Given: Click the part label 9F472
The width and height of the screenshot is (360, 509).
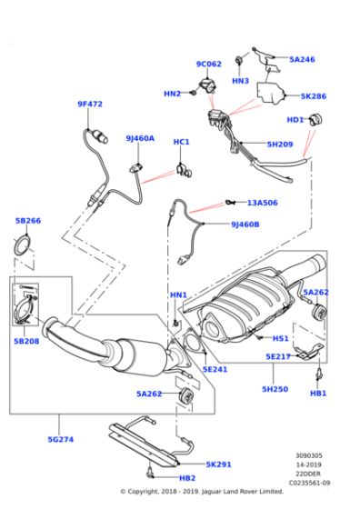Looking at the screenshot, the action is click(x=90, y=105).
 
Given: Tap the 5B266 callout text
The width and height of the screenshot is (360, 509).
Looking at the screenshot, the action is click(x=28, y=221).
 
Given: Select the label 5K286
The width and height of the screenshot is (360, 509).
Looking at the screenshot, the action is click(x=314, y=96).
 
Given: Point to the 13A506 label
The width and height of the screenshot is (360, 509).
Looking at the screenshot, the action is click(x=263, y=203).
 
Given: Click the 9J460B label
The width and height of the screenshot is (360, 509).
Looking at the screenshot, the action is click(x=245, y=225).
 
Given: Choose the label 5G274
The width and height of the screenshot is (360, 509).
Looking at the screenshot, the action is click(x=61, y=440).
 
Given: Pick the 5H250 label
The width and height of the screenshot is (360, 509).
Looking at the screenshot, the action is click(x=275, y=389).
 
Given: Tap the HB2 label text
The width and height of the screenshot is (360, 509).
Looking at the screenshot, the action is click(x=187, y=478).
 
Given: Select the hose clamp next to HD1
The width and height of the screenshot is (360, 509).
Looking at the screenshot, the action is click(x=315, y=120).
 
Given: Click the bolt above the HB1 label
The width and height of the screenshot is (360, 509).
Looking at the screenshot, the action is click(x=319, y=374).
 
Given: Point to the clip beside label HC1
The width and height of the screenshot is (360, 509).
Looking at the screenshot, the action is click(x=184, y=171).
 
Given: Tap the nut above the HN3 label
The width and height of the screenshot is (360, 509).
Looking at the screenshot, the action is click(x=240, y=60).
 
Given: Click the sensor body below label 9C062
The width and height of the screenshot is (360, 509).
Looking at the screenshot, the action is click(x=207, y=85).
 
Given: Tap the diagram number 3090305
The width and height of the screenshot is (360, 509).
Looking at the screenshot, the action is click(x=309, y=455).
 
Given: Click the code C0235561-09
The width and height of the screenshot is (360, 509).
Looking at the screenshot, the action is click(x=309, y=483).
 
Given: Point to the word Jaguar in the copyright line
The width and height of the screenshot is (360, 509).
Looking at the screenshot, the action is click(x=212, y=492).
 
